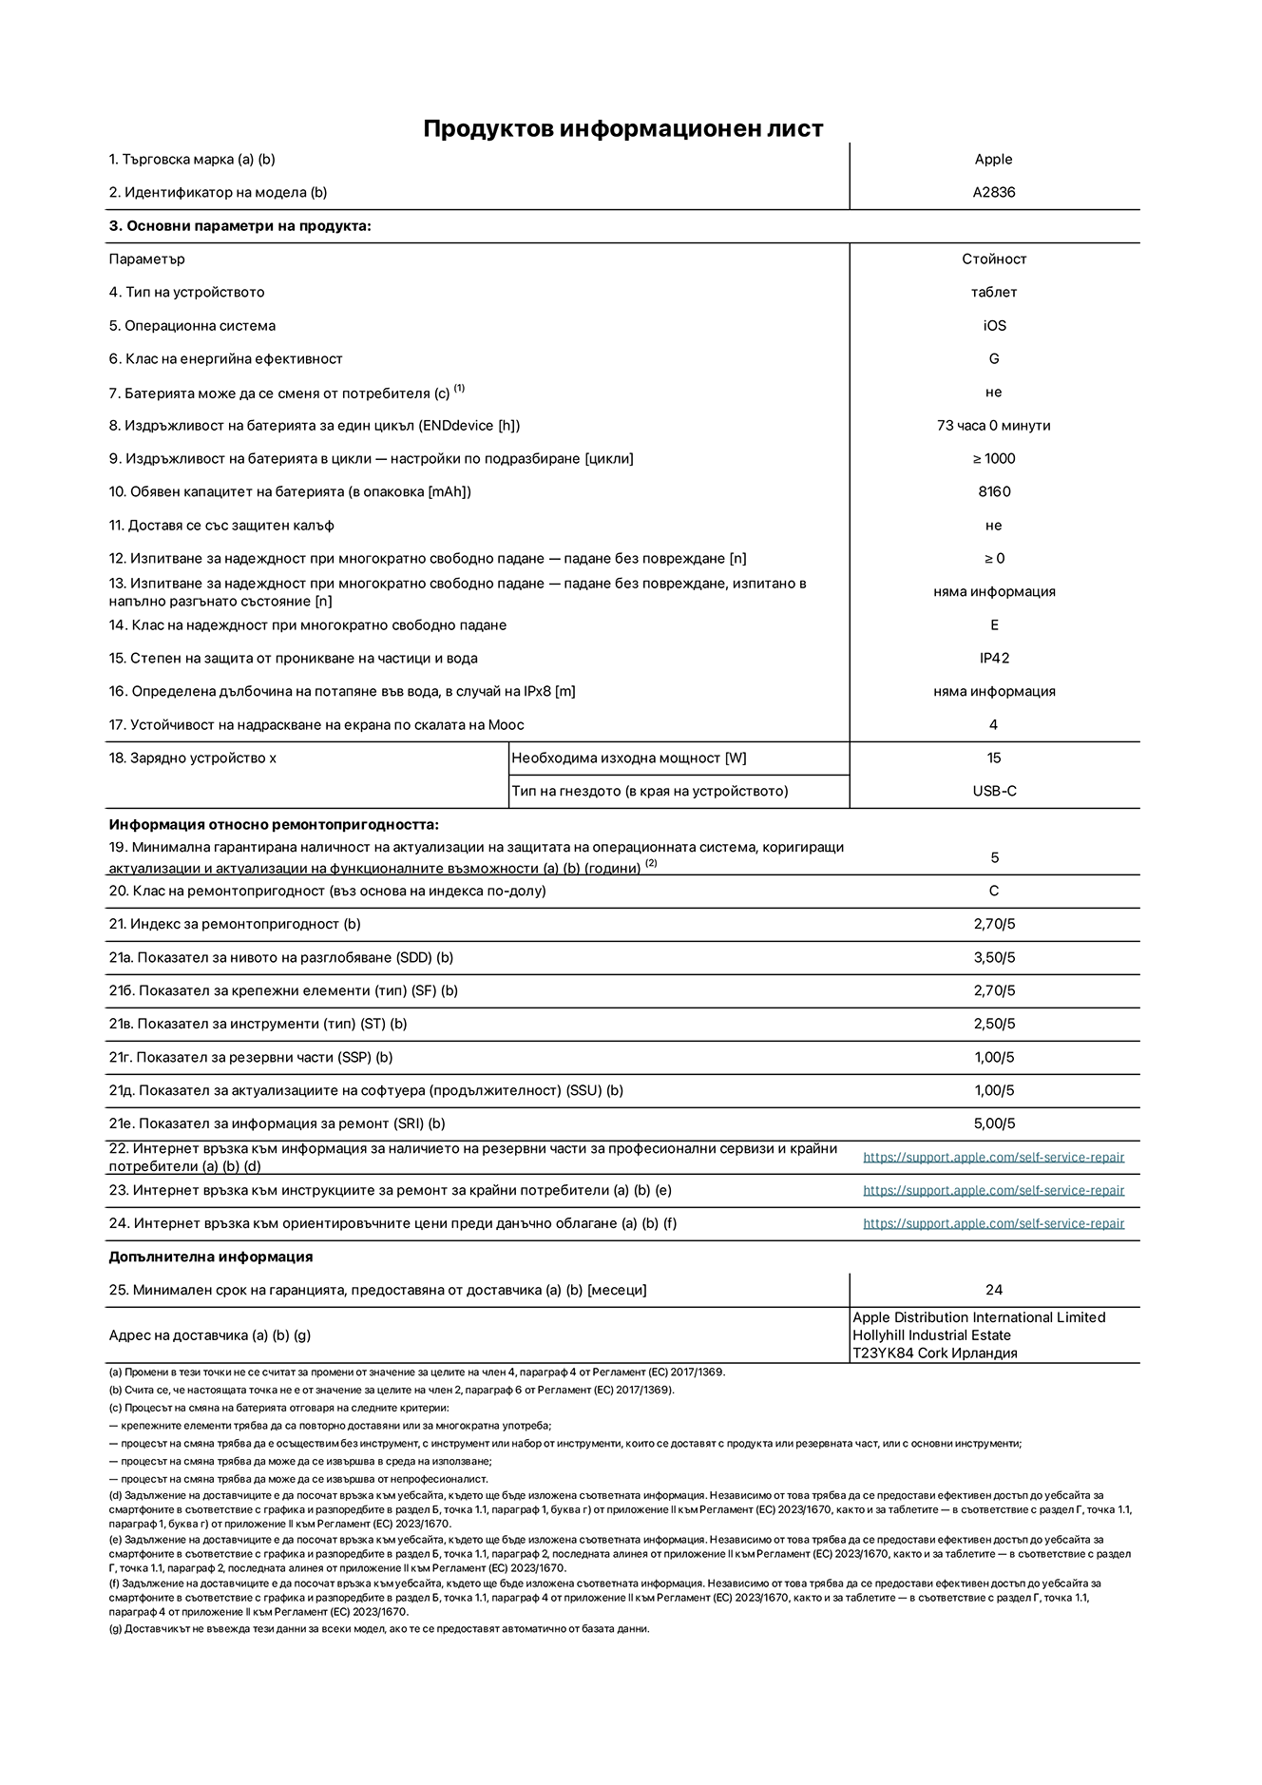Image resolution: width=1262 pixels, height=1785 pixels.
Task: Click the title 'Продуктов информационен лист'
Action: coord(622,128)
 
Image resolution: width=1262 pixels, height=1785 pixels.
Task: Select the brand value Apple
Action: coord(993,160)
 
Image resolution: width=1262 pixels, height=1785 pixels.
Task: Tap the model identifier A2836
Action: coord(993,192)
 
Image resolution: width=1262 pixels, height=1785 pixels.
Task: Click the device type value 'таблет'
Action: coord(993,292)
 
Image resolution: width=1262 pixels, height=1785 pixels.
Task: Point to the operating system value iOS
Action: coord(994,325)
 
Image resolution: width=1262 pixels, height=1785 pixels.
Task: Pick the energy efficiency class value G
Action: coord(994,358)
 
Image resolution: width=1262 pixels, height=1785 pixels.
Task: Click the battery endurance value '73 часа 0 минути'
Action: coord(993,425)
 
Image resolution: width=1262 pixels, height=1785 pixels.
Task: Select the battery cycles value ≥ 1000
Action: coord(993,458)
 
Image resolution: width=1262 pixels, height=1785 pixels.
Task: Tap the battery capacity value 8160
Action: coord(994,491)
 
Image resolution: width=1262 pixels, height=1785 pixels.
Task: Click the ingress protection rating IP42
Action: coord(994,658)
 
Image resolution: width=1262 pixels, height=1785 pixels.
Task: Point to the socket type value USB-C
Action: coord(994,791)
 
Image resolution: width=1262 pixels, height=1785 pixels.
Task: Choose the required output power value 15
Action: coord(994,758)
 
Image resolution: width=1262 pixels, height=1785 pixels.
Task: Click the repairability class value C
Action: coord(994,891)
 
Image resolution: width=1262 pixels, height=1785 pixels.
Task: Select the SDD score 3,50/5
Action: coord(994,957)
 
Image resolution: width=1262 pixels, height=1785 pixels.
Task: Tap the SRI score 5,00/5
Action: coord(994,1123)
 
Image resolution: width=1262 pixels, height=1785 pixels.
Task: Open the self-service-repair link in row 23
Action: coord(993,1190)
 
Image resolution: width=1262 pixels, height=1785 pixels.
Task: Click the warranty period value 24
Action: coord(994,1290)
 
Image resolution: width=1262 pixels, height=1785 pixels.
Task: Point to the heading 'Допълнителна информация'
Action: coord(210,1257)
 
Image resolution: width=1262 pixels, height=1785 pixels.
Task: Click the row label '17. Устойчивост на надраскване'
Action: coord(315,724)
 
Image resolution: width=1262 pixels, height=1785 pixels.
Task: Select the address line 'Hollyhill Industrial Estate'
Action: coord(931,1335)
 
